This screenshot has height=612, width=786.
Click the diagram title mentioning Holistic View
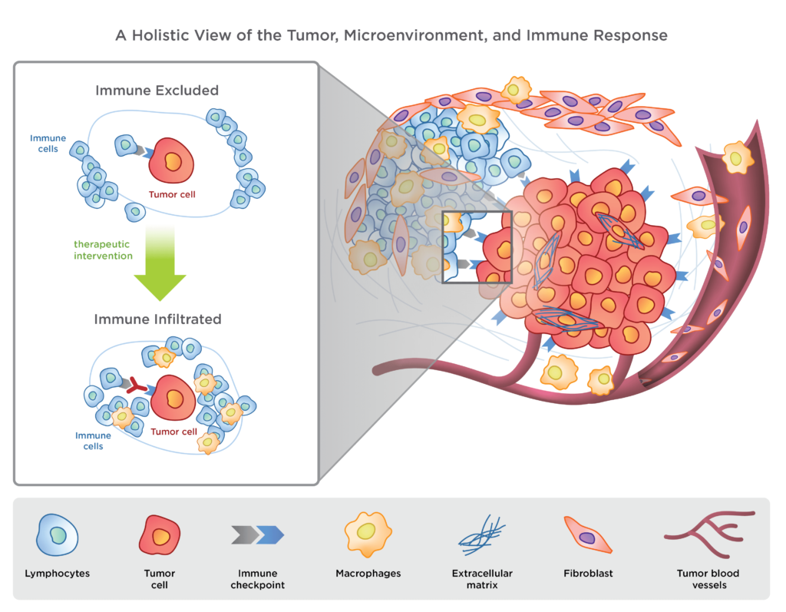click(391, 35)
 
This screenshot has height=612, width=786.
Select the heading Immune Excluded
click(157, 91)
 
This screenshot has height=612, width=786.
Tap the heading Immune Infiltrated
click(157, 317)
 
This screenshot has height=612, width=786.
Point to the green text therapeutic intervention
click(104, 250)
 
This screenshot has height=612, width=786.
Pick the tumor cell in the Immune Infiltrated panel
click(171, 398)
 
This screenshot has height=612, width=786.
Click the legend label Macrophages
click(368, 574)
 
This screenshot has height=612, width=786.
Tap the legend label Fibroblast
click(589, 574)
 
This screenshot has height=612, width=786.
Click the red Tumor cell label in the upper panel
click(172, 194)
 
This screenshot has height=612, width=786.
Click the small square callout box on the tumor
click(477, 246)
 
